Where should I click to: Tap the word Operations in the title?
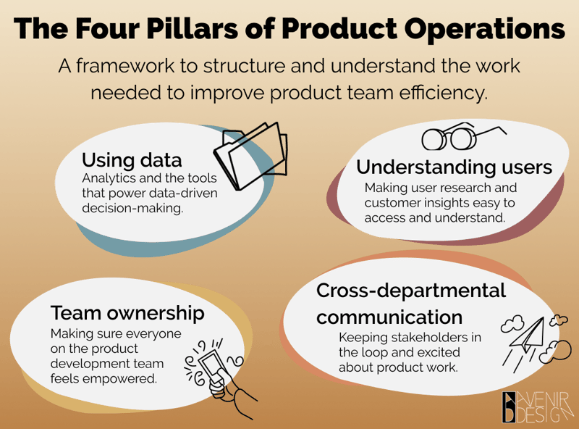[x=484, y=30]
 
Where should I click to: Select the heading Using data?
[x=132, y=160]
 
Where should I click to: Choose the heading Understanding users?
[x=455, y=167]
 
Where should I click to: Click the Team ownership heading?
[x=127, y=313]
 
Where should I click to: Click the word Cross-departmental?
[x=411, y=291]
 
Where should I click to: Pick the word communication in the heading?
[x=389, y=317]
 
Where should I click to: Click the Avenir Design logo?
[x=537, y=407]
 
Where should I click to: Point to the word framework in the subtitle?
[x=125, y=66]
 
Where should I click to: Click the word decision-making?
[x=132, y=208]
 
